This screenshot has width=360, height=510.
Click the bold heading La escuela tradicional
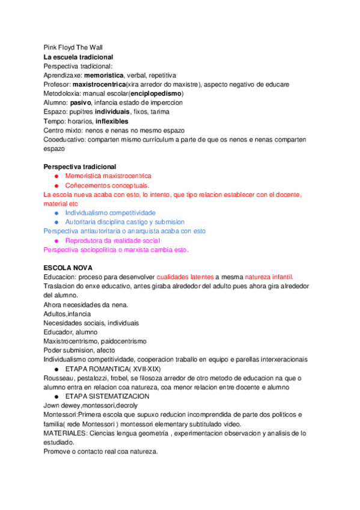click(x=78, y=57)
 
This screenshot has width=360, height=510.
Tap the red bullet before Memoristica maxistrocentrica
click(x=56, y=176)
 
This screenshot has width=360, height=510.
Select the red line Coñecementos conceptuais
click(x=108, y=185)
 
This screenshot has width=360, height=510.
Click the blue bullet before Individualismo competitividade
click(x=56, y=213)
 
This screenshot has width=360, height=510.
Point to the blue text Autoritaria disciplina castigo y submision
click(x=124, y=222)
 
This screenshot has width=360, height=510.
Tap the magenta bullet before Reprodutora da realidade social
click(x=56, y=241)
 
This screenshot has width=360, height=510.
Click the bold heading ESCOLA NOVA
click(x=67, y=268)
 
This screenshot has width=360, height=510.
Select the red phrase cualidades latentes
click(x=185, y=277)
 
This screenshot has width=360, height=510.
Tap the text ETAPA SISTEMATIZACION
click(x=108, y=396)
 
